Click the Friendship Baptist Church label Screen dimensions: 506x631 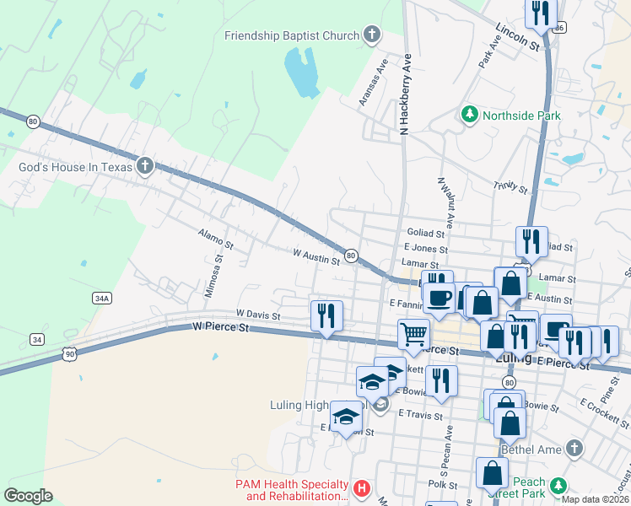tap(292, 35)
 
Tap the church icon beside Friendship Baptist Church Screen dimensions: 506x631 tap(372, 35)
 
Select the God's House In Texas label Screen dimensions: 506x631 tap(76, 167)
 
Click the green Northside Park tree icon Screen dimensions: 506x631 tap(468, 114)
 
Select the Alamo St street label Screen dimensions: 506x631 tap(215, 240)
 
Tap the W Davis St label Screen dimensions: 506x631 tap(258, 313)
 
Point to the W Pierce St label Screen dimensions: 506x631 tap(222, 326)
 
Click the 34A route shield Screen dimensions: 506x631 tap(102, 298)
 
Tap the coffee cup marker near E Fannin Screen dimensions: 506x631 tap(439, 297)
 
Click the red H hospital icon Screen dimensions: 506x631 tap(361, 488)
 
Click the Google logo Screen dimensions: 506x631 tap(29, 496)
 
